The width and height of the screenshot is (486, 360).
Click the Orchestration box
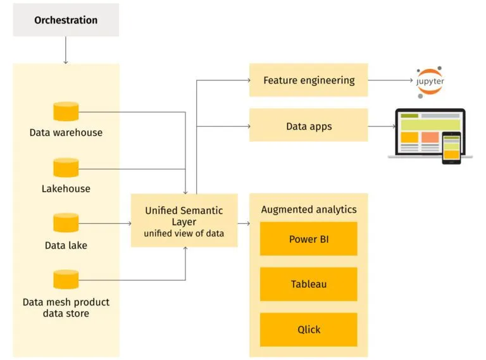tap(66, 20)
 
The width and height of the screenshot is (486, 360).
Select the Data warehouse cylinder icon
tap(66, 111)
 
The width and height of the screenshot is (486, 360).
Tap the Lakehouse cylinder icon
tap(66, 168)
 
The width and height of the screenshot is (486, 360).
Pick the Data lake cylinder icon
tap(66, 223)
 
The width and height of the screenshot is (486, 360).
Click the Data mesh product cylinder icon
tap(66, 279)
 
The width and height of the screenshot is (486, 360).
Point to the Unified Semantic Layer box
tap(184, 221)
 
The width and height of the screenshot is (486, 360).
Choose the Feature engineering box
tap(308, 80)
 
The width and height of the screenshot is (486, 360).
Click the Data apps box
tap(308, 126)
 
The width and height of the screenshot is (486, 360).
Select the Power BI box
tap(308, 239)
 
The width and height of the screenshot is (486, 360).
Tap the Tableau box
tap(308, 284)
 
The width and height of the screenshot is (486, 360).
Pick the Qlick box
tap(308, 330)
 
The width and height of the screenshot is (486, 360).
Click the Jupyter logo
tap(430, 82)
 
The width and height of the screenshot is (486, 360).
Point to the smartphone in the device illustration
tap(451, 148)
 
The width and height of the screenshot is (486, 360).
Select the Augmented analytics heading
tap(308, 209)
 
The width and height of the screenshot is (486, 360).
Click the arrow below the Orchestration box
tap(66, 51)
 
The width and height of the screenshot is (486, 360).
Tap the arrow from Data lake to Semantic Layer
tap(104, 223)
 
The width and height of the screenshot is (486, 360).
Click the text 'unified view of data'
tap(184, 233)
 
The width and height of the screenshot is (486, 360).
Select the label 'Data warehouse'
tap(66, 133)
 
